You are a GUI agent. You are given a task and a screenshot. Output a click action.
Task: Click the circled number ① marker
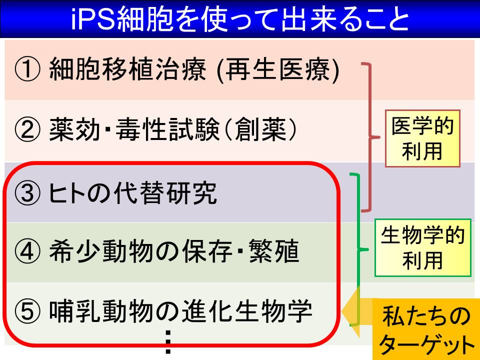tap(27, 69)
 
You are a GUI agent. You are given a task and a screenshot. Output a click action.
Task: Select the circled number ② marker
tap(27, 129)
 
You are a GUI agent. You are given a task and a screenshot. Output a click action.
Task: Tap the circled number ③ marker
tap(27, 193)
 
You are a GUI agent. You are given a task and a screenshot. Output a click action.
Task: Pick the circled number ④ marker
tap(27, 251)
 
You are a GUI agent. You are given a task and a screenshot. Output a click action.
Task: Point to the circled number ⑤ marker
tap(27, 310)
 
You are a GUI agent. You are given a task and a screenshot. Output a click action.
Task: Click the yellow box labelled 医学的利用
tap(422, 138)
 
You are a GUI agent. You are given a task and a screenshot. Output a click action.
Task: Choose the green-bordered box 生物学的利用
tap(423, 247)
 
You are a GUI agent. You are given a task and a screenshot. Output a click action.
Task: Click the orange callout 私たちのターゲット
tap(426, 329)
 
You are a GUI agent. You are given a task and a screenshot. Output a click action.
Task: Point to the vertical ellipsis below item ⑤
tap(168, 342)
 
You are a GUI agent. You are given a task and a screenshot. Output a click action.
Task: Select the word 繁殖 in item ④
tap(274, 251)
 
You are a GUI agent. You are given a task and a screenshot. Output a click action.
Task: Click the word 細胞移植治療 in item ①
tap(127, 69)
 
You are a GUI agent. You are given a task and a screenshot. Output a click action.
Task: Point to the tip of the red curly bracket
tap(379, 137)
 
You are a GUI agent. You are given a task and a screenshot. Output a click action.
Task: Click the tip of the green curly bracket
tap(368, 249)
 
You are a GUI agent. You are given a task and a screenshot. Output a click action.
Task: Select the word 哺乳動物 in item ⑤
tap(101, 311)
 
